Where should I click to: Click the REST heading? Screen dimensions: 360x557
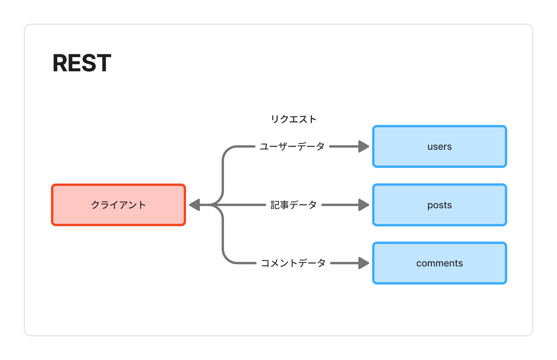coord(82,63)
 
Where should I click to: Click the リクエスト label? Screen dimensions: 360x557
coord(294,119)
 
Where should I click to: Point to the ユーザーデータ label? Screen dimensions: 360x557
coord(292,146)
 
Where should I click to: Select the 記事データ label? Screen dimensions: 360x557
coord(294,205)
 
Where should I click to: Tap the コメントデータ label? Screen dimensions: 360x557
coord(293,263)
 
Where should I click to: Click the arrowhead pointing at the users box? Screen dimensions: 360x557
coord(364,146)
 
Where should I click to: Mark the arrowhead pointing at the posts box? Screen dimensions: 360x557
coord(364,205)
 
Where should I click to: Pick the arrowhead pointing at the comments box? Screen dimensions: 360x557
coord(364,263)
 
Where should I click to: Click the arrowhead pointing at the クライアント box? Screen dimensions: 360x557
coord(195,205)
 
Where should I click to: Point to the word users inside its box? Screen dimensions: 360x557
coord(439,147)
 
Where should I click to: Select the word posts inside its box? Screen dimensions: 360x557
coord(439,205)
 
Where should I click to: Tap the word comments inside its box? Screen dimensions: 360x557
coord(439,263)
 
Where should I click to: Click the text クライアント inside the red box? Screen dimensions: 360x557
coord(119,205)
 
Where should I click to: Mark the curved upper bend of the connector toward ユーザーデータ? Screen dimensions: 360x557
coord(227,151)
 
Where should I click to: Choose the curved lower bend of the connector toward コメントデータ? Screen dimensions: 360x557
coord(227,259)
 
